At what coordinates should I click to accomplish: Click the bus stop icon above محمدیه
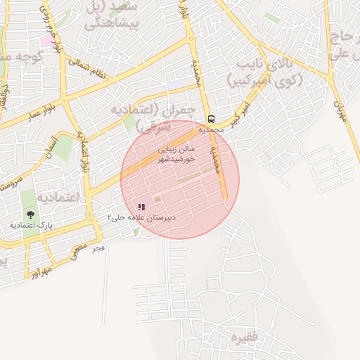[212, 119]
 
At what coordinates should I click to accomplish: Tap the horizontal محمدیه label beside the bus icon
[211, 130]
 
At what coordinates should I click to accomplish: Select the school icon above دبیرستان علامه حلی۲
[141, 207]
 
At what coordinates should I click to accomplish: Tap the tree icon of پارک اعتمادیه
[30, 214]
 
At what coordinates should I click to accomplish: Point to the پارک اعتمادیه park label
[31, 225]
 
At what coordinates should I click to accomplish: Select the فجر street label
[98, 247]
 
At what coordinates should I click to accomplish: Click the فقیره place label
[246, 337]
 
